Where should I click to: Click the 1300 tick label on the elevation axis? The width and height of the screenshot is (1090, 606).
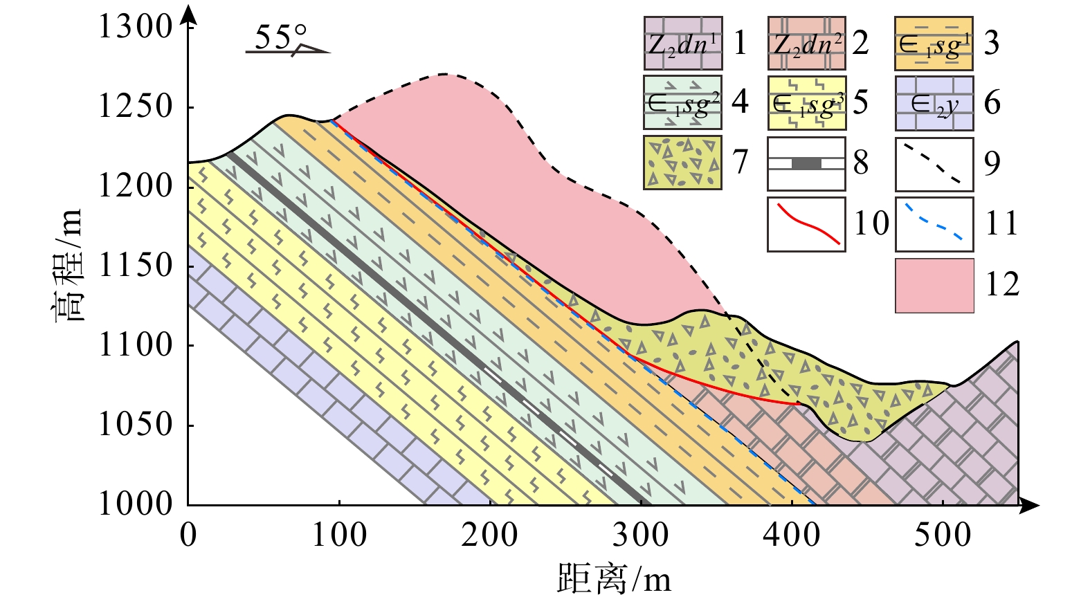tap(134, 27)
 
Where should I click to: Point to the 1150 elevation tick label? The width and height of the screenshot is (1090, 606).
tap(134, 266)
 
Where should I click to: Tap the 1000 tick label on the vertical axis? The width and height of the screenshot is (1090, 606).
tap(134, 504)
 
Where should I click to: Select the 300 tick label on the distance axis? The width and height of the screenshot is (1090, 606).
tap(641, 535)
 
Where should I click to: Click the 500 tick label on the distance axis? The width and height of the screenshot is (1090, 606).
tap(943, 535)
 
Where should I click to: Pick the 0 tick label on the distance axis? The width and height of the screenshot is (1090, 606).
tap(188, 535)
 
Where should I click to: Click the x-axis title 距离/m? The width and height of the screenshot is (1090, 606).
tap(614, 578)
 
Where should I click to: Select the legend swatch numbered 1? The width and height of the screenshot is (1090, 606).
tap(682, 43)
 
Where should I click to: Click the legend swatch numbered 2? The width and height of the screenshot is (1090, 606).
tap(806, 43)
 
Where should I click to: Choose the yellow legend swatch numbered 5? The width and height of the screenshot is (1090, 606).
tap(806, 103)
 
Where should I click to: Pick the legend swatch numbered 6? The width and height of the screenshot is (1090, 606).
tap(934, 103)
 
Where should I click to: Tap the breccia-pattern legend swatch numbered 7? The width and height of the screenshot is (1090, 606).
tap(682, 163)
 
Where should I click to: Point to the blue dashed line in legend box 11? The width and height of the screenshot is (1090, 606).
tap(934, 222)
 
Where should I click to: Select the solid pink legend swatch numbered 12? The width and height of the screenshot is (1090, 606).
tap(934, 286)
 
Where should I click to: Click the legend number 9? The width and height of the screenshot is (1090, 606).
tap(992, 163)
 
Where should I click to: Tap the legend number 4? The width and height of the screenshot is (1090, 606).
tap(740, 103)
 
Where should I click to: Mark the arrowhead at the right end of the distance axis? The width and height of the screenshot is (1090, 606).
tap(1031, 506)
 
